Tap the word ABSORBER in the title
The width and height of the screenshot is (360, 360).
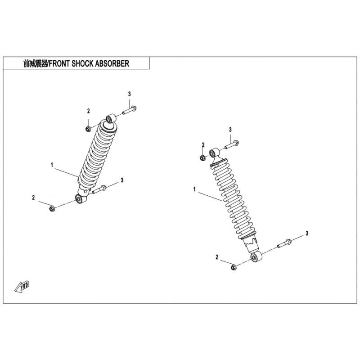[x=112, y=63]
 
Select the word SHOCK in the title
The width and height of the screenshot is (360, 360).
[x=82, y=63]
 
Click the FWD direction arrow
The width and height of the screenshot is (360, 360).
[x=22, y=287]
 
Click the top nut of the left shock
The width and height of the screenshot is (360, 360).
[x=87, y=129]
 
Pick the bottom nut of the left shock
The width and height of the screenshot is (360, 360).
[x=52, y=209]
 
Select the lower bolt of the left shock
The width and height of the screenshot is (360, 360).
[x=99, y=189]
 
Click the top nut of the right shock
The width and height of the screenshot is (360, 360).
[x=202, y=158]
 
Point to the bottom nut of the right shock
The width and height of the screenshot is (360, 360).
[x=233, y=267]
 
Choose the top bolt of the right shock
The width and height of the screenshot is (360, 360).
[x=232, y=144]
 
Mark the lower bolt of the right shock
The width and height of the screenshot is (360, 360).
[x=285, y=243]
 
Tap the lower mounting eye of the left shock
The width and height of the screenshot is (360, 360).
[x=81, y=199]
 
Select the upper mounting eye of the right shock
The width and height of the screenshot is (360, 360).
[x=214, y=153]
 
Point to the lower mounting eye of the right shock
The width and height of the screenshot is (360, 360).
[x=256, y=256]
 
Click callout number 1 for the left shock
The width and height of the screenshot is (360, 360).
[x=52, y=165]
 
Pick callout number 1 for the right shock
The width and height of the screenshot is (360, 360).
[x=194, y=189]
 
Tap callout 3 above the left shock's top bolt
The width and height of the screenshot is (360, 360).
[x=130, y=94]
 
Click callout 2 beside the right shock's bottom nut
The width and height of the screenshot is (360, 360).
[x=217, y=257]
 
